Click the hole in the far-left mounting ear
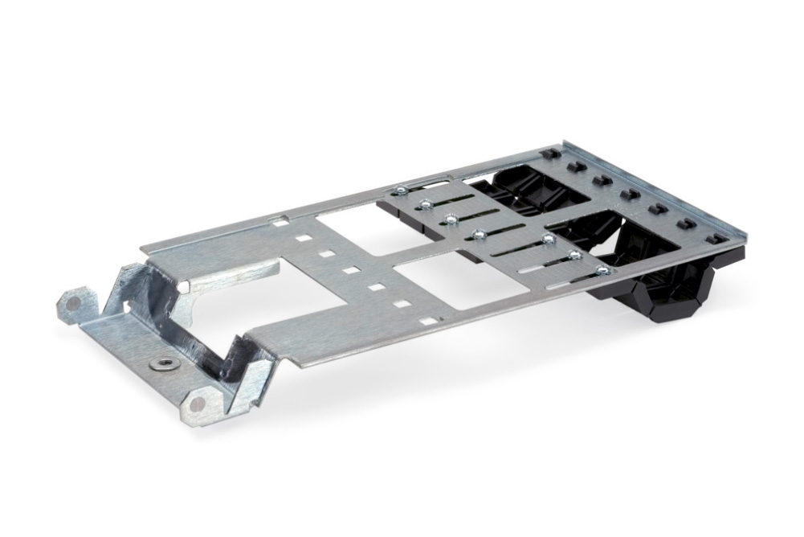[x=73, y=302]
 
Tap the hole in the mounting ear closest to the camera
[x=195, y=404]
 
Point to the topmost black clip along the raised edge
[x=549, y=154]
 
